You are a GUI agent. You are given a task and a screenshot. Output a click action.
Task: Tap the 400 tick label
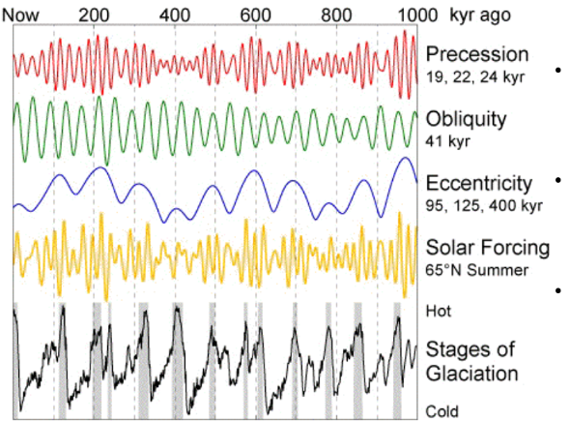pyautogui.click(x=174, y=15)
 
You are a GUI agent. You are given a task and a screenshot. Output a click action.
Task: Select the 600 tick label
pyautogui.click(x=255, y=15)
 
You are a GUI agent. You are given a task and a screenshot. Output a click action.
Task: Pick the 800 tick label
pyautogui.click(x=336, y=15)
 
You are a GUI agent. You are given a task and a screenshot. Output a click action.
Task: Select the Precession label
pyautogui.click(x=477, y=53)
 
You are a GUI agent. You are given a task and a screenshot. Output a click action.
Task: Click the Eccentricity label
pyautogui.click(x=479, y=183)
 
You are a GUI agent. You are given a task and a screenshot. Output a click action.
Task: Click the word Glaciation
pyautogui.click(x=472, y=374)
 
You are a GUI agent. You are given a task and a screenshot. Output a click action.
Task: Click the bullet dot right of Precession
pyautogui.click(x=558, y=71)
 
